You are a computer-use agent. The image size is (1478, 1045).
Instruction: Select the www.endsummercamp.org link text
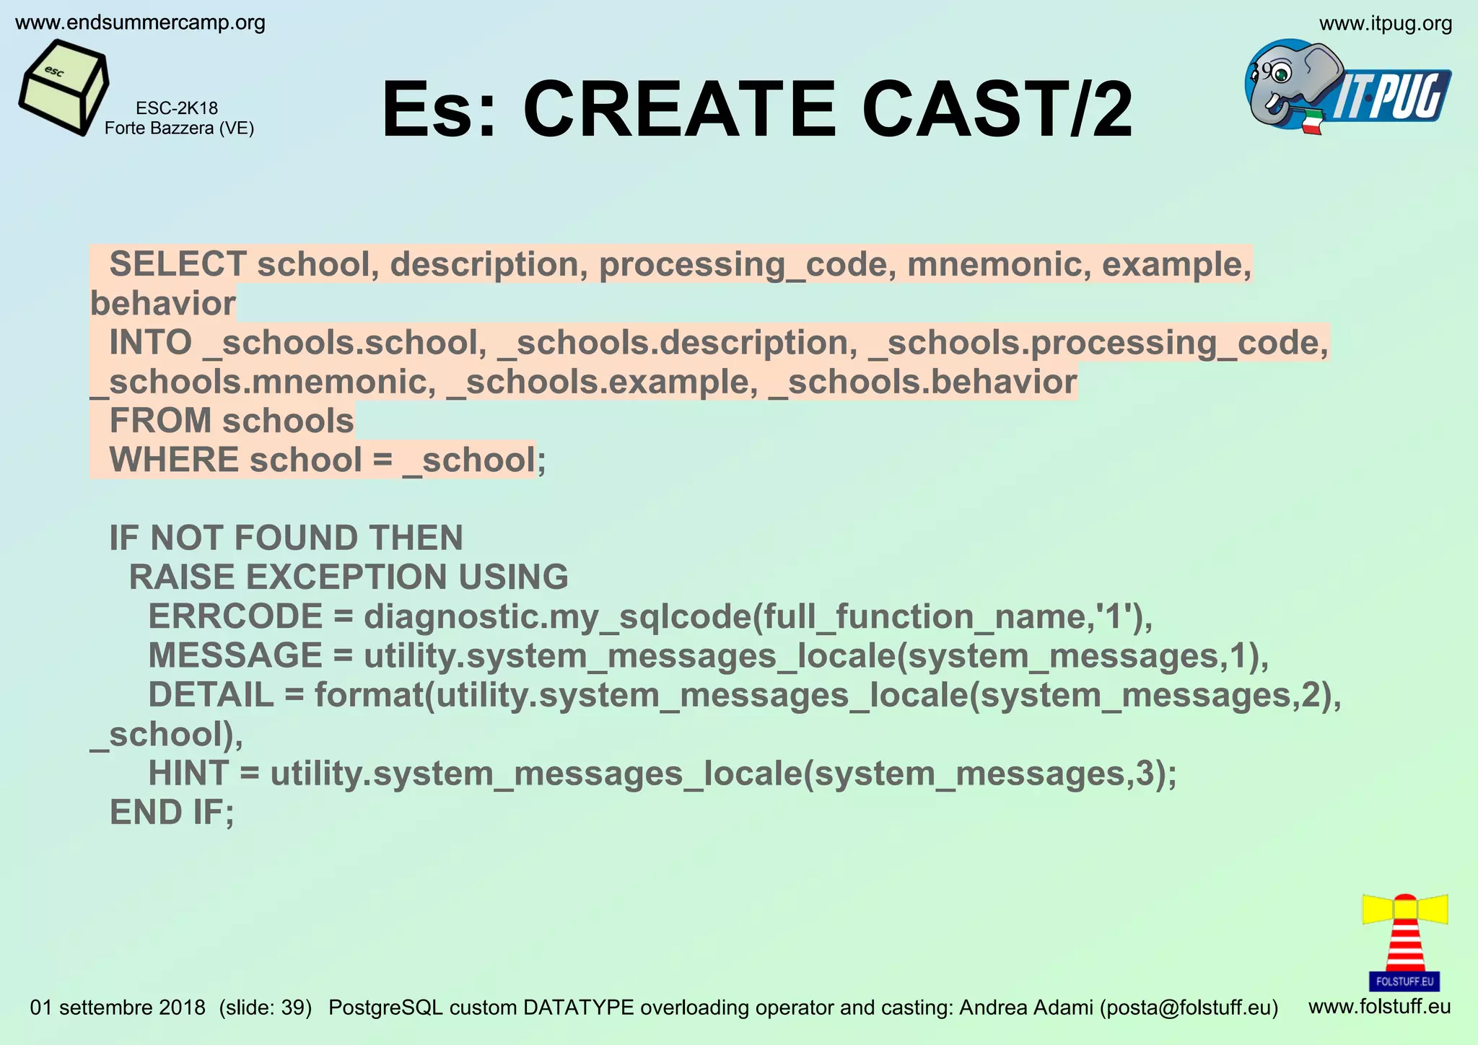(140, 23)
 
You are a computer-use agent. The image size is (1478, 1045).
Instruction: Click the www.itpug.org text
(1385, 24)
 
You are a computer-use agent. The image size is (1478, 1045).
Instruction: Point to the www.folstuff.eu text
(1379, 1006)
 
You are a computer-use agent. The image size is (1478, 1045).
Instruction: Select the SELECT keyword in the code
(178, 264)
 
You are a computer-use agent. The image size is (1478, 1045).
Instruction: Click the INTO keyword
(150, 343)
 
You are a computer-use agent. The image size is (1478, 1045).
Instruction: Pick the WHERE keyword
(174, 460)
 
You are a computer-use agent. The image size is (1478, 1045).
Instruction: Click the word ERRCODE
(235, 617)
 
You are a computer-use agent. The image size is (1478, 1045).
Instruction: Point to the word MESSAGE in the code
(235, 656)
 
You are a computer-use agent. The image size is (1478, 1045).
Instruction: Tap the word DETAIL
(211, 695)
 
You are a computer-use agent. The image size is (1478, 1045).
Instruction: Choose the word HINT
(188, 774)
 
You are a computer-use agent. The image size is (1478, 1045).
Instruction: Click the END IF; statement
(172, 813)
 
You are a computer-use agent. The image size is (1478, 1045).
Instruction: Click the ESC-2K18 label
(177, 108)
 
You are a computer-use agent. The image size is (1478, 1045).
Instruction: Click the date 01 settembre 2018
(118, 1007)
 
